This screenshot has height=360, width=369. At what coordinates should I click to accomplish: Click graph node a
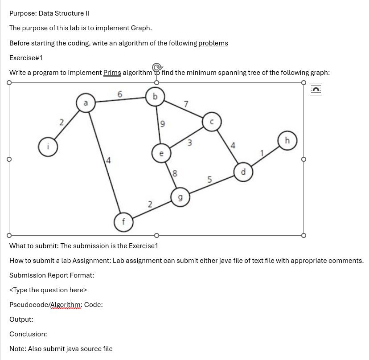(85, 103)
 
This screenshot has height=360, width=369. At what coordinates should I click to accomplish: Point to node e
(161, 153)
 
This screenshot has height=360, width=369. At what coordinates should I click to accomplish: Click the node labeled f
(124, 221)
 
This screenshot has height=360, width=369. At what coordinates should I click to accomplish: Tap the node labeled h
(287, 141)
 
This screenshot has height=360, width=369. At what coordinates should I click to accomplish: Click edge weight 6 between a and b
(119, 94)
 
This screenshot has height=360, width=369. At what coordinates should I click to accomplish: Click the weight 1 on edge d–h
(262, 153)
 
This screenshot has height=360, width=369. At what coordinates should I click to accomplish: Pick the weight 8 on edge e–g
(175, 174)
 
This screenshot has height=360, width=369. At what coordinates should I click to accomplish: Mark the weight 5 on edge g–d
(209, 180)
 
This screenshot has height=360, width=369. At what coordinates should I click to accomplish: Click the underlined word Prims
(112, 73)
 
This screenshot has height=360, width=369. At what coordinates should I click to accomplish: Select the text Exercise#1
(26, 58)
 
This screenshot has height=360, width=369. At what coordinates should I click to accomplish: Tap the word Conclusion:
(28, 334)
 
